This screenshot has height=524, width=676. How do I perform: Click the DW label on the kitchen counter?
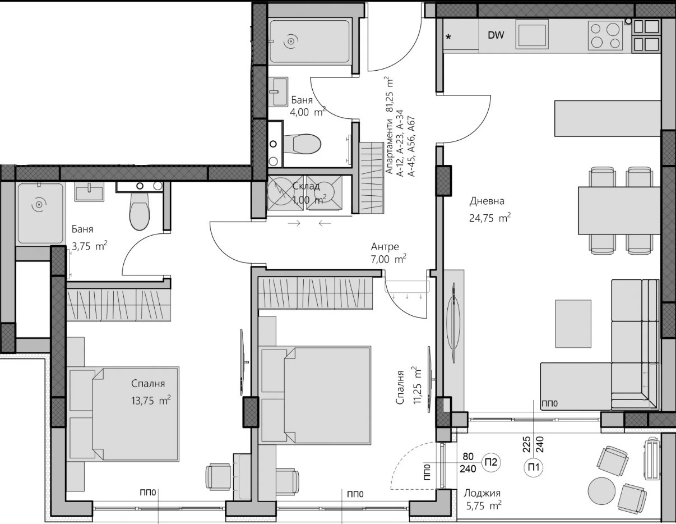(496, 35)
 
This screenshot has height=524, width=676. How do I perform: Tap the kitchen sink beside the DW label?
(531, 34)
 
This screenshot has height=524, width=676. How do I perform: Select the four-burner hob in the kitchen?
(605, 35)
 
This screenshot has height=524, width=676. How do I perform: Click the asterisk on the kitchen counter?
(448, 36)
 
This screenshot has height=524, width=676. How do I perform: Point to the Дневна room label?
(487, 201)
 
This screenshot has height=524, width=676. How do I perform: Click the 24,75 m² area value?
(490, 218)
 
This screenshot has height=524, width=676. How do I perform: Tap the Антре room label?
(385, 247)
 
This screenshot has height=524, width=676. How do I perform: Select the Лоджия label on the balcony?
(482, 493)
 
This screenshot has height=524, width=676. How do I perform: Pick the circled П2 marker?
(491, 462)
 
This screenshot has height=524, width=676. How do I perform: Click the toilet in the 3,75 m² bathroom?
(139, 210)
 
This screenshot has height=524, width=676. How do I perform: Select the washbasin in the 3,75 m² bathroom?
(89, 192)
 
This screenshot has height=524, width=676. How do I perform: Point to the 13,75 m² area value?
(151, 400)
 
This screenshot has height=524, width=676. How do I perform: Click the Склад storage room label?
(306, 186)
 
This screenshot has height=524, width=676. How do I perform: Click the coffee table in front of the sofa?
(573, 324)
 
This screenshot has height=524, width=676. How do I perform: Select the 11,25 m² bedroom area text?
(417, 385)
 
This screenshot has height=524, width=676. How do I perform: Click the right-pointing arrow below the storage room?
(294, 223)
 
